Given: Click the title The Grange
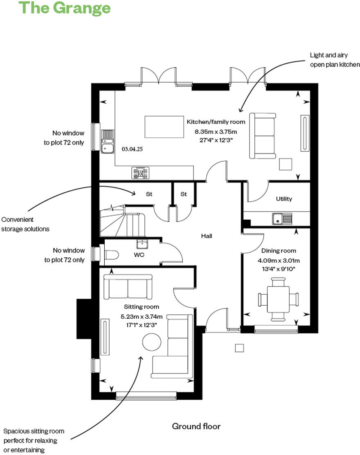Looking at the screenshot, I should point(65,8).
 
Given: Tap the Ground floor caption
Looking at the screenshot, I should point(196,426).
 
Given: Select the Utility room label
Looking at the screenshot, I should point(284,199).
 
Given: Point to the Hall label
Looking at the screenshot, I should point(207,236).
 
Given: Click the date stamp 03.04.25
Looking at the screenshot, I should point(132,149).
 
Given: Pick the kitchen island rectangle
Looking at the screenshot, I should point(164,127).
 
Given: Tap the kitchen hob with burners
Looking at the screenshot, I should point(140,173).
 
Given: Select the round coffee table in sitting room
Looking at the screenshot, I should point(151,341).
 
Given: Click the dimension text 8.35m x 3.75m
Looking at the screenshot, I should point(216,132).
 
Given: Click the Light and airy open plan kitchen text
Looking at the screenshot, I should point(335,60).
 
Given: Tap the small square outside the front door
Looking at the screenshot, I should point(239,348).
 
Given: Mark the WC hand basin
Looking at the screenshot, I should point(142,244).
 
